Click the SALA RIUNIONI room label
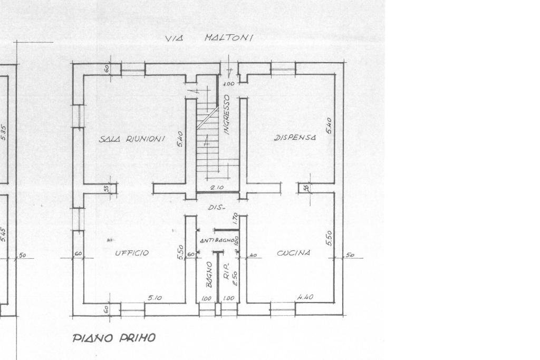click(x=132, y=139)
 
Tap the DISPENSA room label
click(x=295, y=138)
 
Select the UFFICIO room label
click(x=132, y=253)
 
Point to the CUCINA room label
click(x=294, y=253)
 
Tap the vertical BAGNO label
click(x=209, y=274)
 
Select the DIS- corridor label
click(x=216, y=207)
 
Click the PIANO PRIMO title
click(x=114, y=338)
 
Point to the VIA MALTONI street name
click(x=209, y=38)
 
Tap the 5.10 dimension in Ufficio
click(x=155, y=298)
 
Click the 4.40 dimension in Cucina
click(x=305, y=297)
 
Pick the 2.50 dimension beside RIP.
click(x=235, y=278)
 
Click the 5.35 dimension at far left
click(x=4, y=132)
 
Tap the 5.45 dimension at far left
click(x=4, y=235)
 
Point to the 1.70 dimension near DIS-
click(x=236, y=218)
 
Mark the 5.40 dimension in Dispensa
click(x=329, y=125)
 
